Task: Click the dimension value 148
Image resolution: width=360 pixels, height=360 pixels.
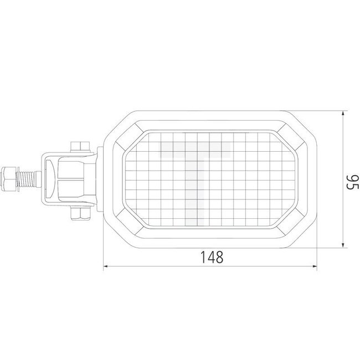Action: pos(211,256)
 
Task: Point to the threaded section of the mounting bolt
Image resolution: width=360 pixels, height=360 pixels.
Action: pos(31,178)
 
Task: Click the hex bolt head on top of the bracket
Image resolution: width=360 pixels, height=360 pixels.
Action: pos(80,147)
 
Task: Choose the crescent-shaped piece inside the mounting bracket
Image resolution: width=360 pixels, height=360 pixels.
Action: pos(51,178)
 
